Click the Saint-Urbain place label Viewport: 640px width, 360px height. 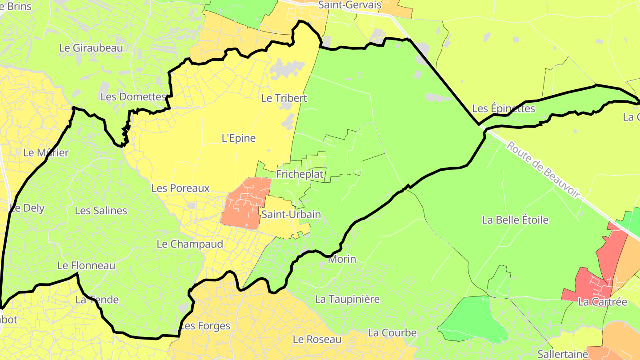pyautogui.click(x=291, y=214)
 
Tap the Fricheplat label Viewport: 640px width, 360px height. pyautogui.click(x=300, y=174)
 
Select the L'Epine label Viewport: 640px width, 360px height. pyautogui.click(x=239, y=138)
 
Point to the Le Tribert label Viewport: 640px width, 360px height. pyautogui.click(x=284, y=98)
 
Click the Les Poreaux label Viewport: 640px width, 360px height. pyautogui.click(x=180, y=188)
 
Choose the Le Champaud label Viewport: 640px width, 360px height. pyautogui.click(x=190, y=244)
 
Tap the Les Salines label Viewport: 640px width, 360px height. pyautogui.click(x=101, y=211)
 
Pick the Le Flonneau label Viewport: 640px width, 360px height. pyautogui.click(x=86, y=266)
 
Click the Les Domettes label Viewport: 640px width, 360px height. pyautogui.click(x=133, y=96)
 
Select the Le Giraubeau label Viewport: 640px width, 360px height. pyautogui.click(x=91, y=48)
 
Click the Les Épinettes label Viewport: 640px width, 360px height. pyautogui.click(x=503, y=108)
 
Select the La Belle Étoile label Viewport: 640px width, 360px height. pyautogui.click(x=515, y=220)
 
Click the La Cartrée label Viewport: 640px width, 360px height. pyautogui.click(x=602, y=302)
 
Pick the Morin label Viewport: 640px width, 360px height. pyautogui.click(x=342, y=259)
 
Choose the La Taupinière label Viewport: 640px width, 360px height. pyautogui.click(x=347, y=299)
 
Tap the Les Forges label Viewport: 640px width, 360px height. pyautogui.click(x=205, y=326)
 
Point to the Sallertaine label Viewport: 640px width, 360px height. pyautogui.click(x=563, y=354)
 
